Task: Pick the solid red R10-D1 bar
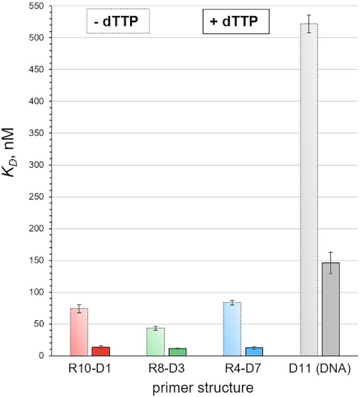coord(101,351)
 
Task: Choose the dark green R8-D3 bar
coord(177,352)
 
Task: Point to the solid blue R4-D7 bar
coord(254,352)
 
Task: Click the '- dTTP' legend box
coord(118,21)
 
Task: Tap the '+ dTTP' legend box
coord(236,21)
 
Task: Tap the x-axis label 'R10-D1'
coord(89,369)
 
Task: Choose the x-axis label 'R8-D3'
coord(166,369)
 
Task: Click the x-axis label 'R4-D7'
coord(243,369)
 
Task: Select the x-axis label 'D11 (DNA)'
coord(320,369)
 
